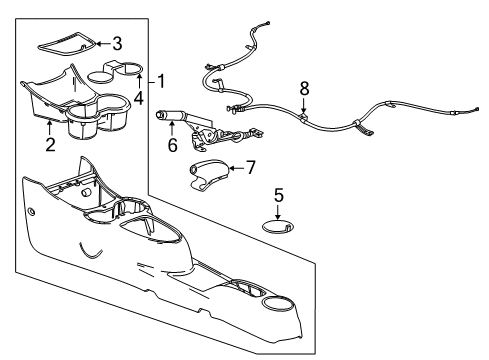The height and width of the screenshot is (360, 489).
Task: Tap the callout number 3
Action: pos(117,43)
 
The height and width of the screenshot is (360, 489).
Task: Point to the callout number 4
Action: pos(139,98)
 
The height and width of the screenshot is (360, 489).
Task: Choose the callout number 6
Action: pos(171,146)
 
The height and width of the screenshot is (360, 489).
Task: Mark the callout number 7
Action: pos(250,167)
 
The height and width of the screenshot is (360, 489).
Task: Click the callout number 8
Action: pos(303,90)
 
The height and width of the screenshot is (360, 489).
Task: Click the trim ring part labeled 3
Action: pos(66,43)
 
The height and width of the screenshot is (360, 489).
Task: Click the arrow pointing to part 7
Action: pos(234,167)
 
